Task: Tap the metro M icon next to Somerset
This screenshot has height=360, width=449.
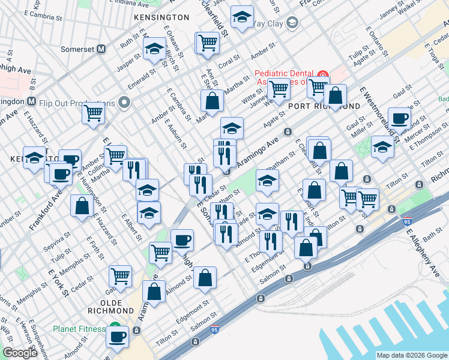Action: [x=101, y=49]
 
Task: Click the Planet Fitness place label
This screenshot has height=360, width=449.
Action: [x=79, y=329]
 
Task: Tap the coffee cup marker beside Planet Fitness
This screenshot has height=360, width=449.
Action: [x=118, y=337]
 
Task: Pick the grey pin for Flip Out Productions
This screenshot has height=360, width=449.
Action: [x=124, y=101]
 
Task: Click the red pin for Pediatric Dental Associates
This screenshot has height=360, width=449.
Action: [x=324, y=76]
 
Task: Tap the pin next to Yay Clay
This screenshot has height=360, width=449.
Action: [x=292, y=23]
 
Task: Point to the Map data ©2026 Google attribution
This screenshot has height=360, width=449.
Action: [x=411, y=355]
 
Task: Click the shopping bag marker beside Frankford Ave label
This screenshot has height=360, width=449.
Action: [x=82, y=205]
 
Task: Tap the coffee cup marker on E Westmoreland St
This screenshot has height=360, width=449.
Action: [x=399, y=118]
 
